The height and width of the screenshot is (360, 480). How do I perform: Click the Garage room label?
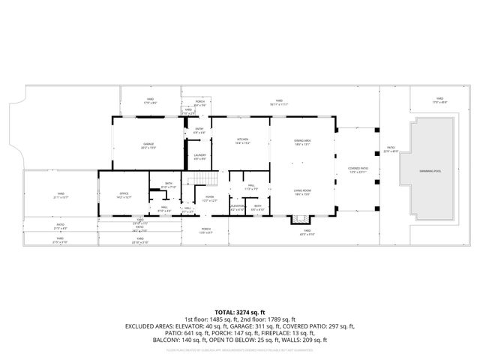(x=148, y=145)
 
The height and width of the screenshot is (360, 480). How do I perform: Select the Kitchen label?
(x=242, y=140)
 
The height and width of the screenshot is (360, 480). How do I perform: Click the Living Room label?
(x=303, y=193)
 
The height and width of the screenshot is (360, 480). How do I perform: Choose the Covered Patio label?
(x=357, y=170)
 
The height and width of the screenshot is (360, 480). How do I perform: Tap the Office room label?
(x=124, y=196)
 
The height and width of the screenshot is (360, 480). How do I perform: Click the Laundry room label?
(x=200, y=157)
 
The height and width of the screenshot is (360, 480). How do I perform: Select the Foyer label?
(x=210, y=199)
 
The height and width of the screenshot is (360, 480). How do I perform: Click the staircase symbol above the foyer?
(x=200, y=178)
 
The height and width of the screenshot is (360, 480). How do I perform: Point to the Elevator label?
(x=237, y=207)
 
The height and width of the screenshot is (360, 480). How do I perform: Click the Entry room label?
(x=199, y=130)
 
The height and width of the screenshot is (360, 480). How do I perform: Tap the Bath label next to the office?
(x=169, y=185)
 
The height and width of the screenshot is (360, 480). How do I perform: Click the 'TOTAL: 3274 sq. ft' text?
(x=240, y=312)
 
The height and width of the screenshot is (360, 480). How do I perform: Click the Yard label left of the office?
(x=59, y=196)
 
